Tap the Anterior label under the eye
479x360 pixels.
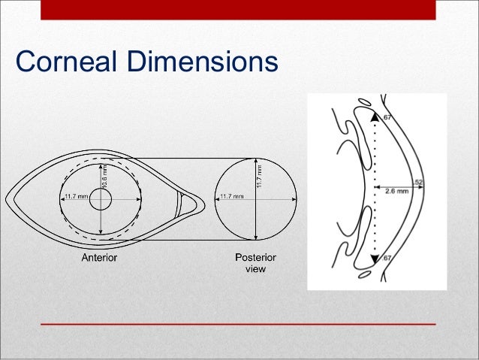click(98, 258)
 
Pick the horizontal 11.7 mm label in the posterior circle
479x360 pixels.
click(231, 197)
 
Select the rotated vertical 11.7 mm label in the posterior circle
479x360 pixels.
click(260, 177)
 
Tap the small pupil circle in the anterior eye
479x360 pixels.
click(101, 199)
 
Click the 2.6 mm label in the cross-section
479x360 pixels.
click(396, 192)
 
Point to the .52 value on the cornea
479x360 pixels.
click(418, 183)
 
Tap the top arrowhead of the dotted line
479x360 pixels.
click(375, 116)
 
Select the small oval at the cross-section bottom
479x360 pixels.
click(366, 275)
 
